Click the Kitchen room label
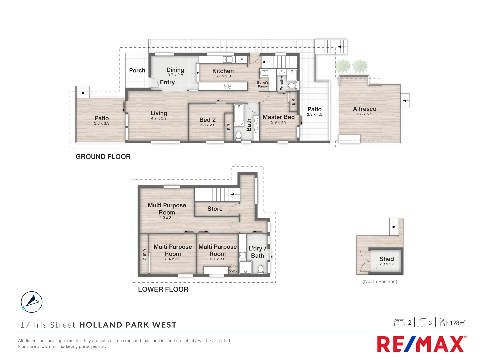pyautogui.click(x=223, y=71)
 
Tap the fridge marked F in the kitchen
pyautogui.click(x=242, y=60)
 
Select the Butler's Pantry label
pyautogui.click(x=263, y=84)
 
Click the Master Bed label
pyautogui.click(x=279, y=117)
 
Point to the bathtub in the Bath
pyautogui.click(x=239, y=115)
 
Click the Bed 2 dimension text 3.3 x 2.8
pyautogui.click(x=208, y=125)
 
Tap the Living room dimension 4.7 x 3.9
pyautogui.click(x=159, y=118)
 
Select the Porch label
pyautogui.click(x=137, y=70)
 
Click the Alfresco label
pyautogui.click(x=364, y=109)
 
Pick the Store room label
pyautogui.click(x=215, y=209)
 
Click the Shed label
pyautogui.click(x=386, y=259)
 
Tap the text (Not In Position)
pyautogui.click(x=380, y=281)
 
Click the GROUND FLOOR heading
pyautogui.click(x=103, y=157)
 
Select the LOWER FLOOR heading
pyautogui.click(x=163, y=289)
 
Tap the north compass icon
pyautogui.click(x=32, y=302)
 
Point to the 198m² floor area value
pyautogui.click(x=457, y=323)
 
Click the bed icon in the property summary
pyautogui.click(x=399, y=322)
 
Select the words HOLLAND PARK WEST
pyautogui.click(x=128, y=325)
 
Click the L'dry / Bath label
pyautogui.click(x=257, y=252)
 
